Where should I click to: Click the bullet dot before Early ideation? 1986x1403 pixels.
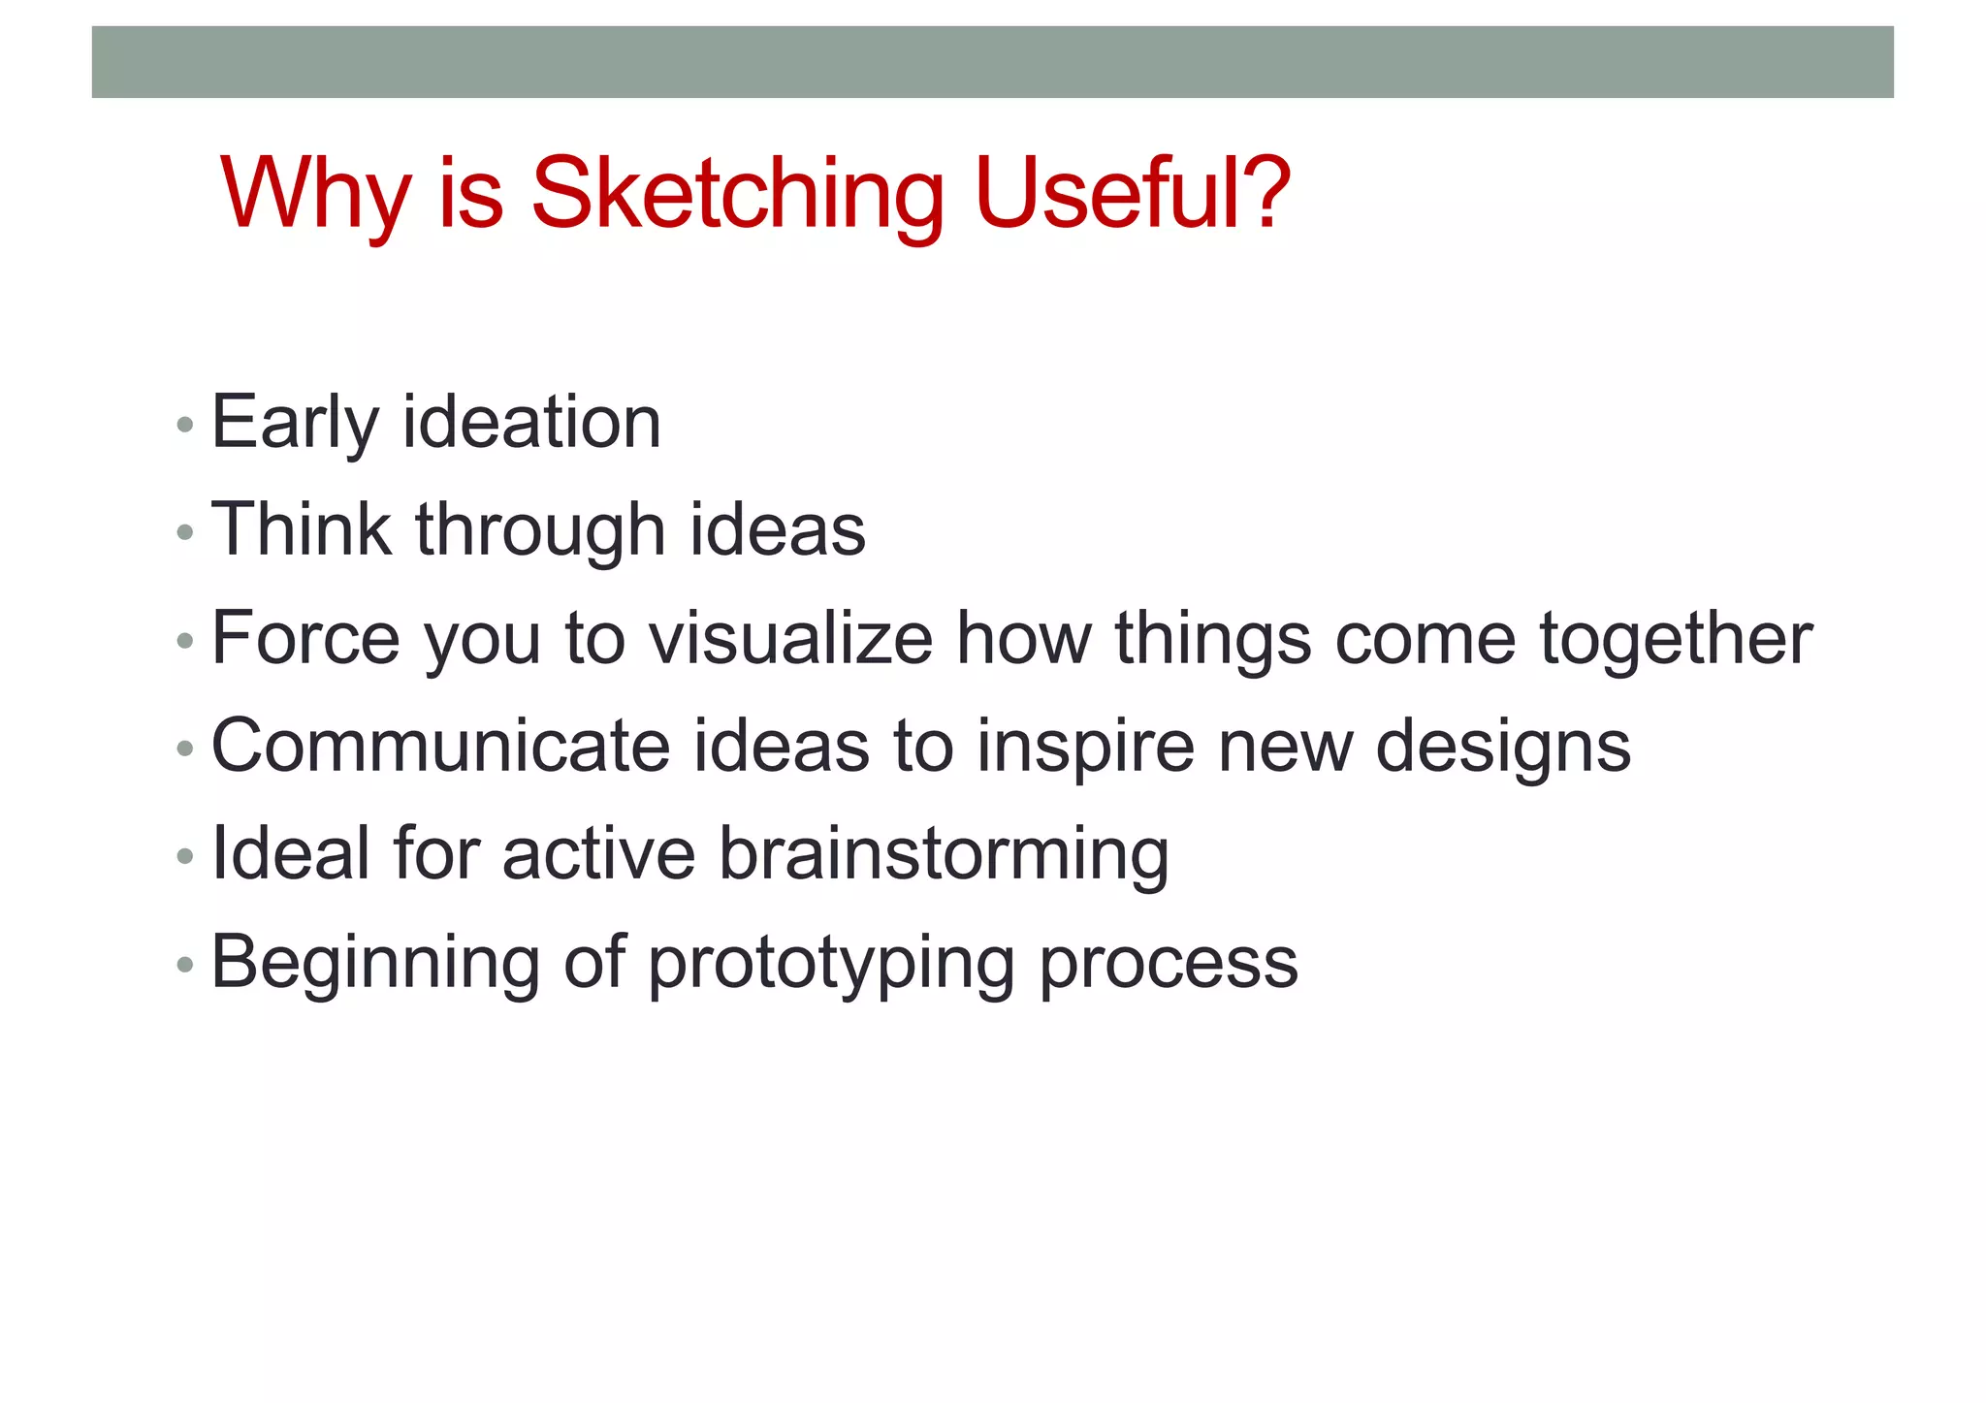[185, 425]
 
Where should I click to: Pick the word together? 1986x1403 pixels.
[1676, 640]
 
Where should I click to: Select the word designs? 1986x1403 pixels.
[1503, 749]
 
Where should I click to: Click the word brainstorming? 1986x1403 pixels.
[944, 855]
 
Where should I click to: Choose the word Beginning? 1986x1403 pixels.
[374, 964]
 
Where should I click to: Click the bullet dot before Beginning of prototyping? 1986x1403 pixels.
[185, 965]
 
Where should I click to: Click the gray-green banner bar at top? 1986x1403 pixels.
[992, 62]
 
